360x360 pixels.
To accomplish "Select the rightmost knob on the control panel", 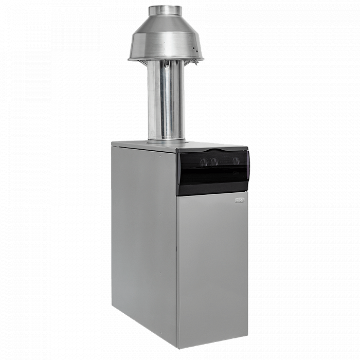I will click(x=236, y=161).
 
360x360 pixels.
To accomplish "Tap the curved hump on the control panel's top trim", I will click(x=203, y=151).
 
